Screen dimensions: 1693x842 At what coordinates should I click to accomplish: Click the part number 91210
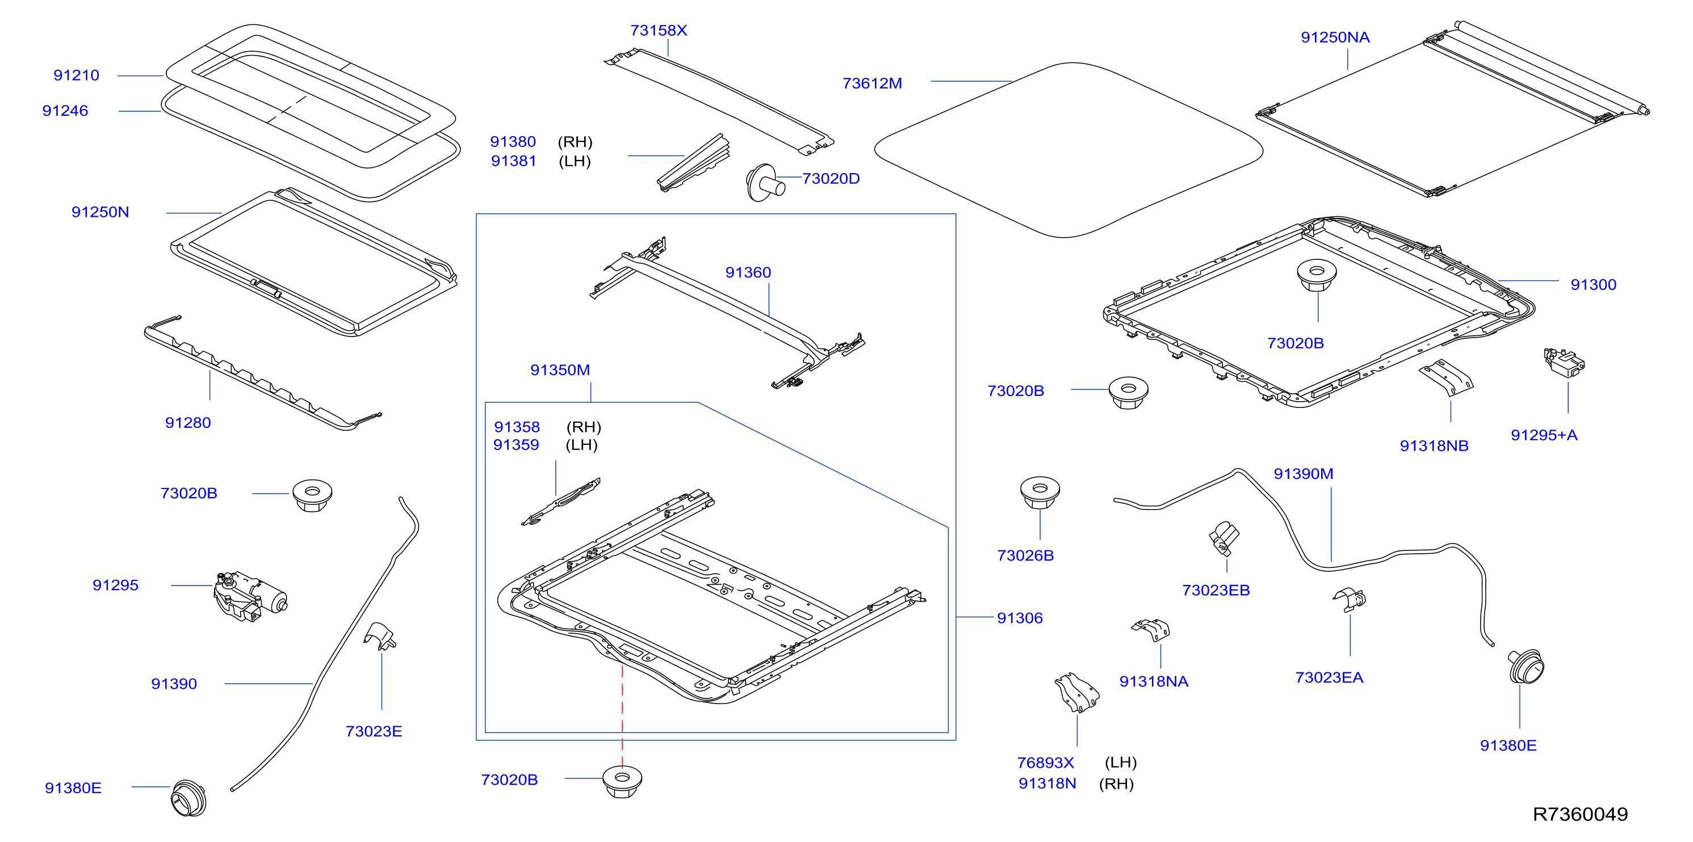pos(76,75)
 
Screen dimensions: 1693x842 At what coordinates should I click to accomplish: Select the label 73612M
pos(872,83)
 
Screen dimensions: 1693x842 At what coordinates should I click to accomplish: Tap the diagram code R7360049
pos(1580,814)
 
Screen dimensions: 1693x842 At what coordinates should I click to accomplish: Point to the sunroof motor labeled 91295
pos(250,596)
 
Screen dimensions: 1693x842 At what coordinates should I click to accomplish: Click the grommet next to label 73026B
pos(1040,493)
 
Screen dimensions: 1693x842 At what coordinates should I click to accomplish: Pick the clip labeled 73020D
pos(764,183)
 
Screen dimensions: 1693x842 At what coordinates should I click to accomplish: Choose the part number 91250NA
pos(1335,37)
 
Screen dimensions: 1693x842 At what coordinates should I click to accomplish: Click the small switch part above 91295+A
pos(1564,362)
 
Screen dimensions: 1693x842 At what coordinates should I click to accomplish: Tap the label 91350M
pos(560,370)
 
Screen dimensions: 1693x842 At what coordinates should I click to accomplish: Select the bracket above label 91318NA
pos(1151,630)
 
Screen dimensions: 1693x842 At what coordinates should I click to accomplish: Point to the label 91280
pos(188,422)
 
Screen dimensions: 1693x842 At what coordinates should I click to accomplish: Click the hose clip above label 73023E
pos(380,636)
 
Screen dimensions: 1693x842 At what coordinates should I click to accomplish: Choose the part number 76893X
pos(1046,763)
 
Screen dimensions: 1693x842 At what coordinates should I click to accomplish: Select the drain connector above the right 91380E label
pos(1526,667)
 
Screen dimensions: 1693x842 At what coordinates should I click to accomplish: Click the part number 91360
pos(748,272)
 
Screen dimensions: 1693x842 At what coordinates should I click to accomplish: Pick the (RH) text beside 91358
pos(584,427)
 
